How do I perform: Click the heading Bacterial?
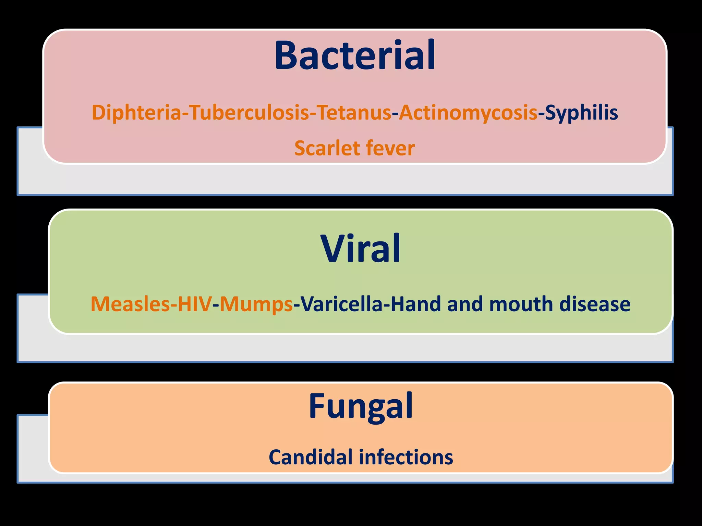[355, 55]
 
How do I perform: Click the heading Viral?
[360, 249]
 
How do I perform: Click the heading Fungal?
[361, 406]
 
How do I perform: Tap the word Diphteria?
[136, 113]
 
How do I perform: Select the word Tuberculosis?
[250, 113]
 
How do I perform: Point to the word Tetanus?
[354, 113]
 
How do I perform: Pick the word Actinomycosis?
[468, 113]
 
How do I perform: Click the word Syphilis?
[581, 113]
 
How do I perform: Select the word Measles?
[130, 304]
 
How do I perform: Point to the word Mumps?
[256, 304]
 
